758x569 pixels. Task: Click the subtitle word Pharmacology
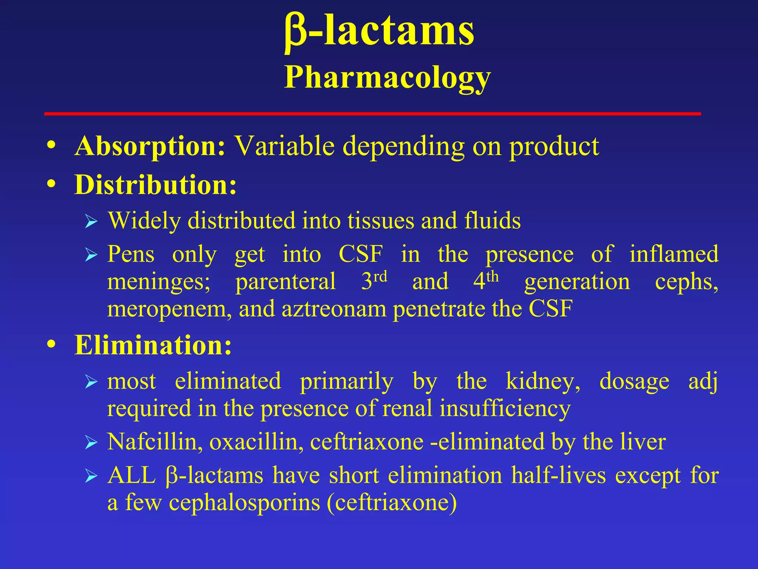(x=387, y=78)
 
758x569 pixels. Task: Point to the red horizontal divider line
(x=372, y=114)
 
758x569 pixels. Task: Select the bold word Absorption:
(x=150, y=147)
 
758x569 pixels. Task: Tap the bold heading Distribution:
(x=155, y=185)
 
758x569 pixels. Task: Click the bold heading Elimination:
(x=153, y=345)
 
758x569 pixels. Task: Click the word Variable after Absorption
(x=285, y=146)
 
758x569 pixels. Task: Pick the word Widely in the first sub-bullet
(x=145, y=221)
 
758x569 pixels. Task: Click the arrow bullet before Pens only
(x=91, y=255)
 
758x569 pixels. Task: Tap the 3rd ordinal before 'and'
(x=374, y=281)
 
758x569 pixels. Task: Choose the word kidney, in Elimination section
(x=543, y=381)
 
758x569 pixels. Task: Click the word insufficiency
(x=505, y=409)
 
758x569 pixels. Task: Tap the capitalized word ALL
(x=131, y=475)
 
